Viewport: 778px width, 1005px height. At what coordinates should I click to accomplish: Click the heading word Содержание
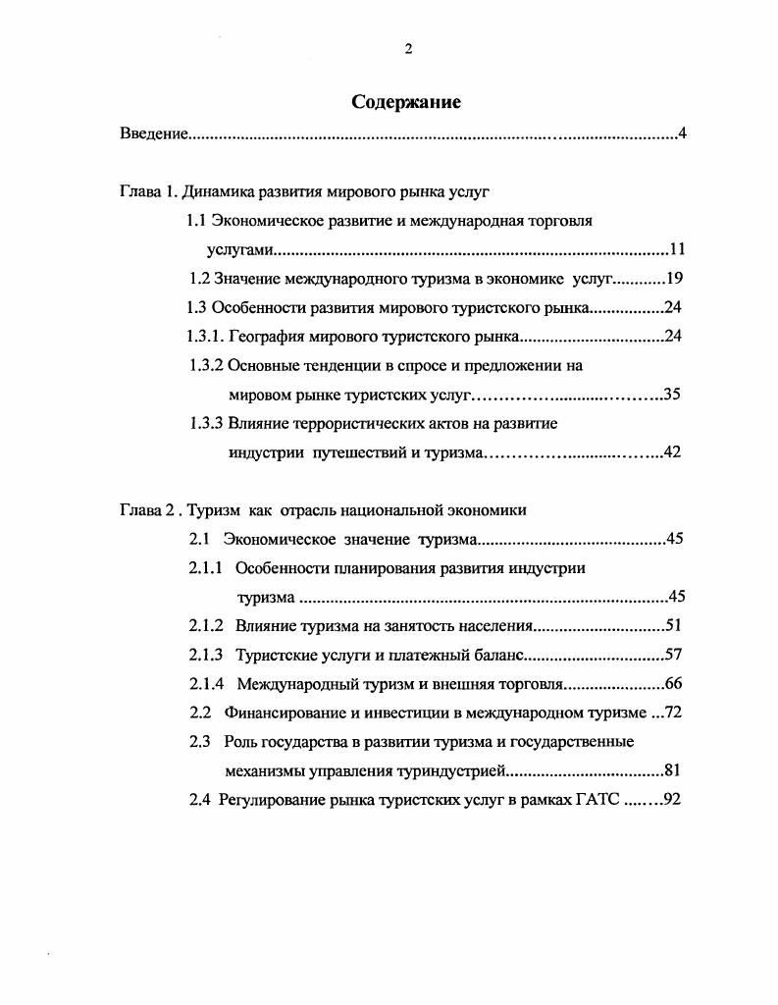point(405,101)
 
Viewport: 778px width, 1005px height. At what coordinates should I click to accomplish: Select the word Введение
point(153,132)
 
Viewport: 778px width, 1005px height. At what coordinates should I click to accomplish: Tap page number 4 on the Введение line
point(681,132)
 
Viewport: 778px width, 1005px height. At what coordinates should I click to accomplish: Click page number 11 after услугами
point(678,249)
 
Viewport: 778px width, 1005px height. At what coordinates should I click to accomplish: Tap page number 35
point(672,396)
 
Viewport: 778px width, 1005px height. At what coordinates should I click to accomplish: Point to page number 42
point(672,452)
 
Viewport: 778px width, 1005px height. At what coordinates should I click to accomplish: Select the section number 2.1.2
point(206,625)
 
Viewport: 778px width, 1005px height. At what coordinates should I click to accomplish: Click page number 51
point(673,625)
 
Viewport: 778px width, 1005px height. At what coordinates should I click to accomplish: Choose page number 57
point(673,655)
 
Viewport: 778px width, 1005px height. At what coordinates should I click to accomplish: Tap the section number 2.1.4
point(206,683)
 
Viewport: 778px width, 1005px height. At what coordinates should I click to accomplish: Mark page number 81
point(673,770)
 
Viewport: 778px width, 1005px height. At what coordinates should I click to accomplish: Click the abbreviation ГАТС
point(597,799)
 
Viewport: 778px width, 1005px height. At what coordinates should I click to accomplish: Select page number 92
point(672,799)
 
